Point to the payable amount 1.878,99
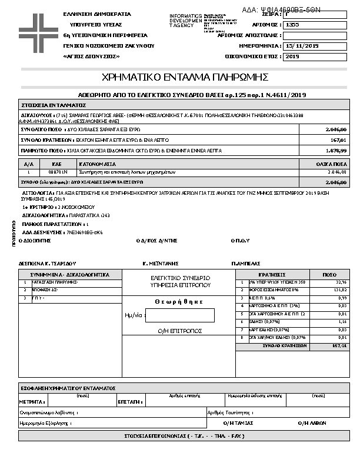point(336,151)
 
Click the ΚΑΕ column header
point(57,164)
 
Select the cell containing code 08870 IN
point(57,172)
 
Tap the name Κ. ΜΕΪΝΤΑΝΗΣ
point(161,263)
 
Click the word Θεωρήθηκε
point(179,301)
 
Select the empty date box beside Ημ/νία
point(179,315)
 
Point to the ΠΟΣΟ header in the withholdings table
point(330,275)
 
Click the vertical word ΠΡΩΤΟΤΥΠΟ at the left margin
point(14,232)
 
